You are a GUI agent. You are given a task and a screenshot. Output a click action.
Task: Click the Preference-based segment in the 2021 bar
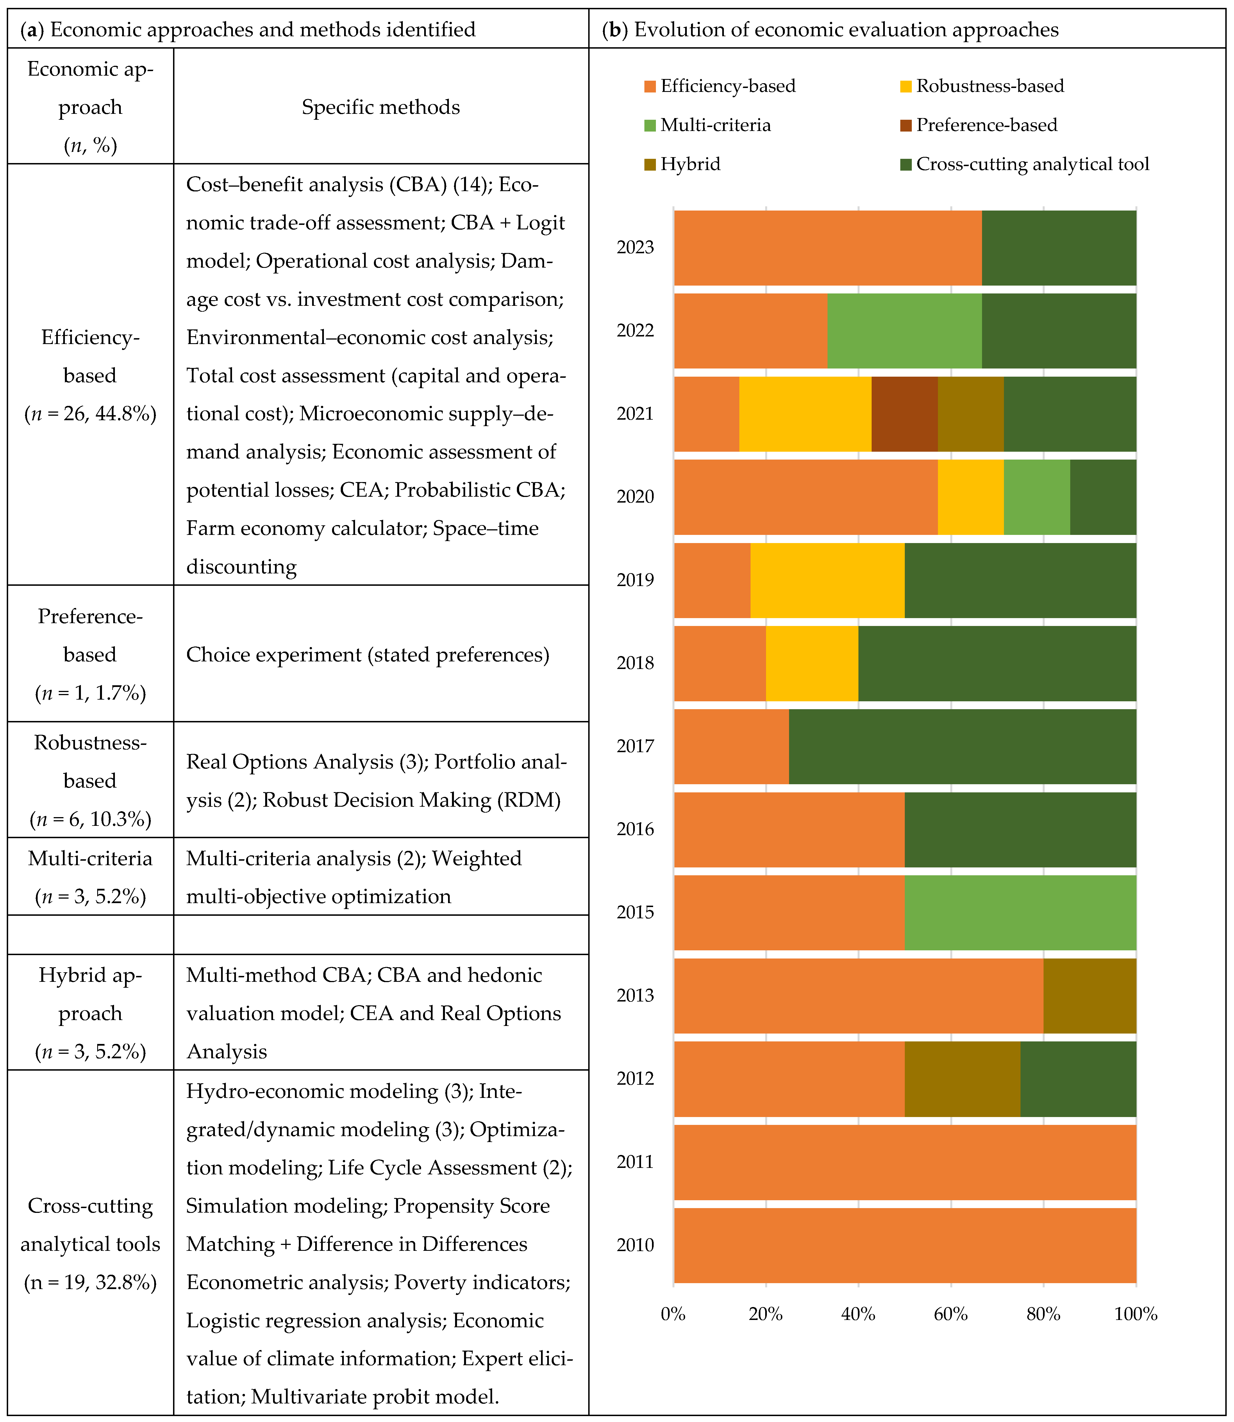(904, 414)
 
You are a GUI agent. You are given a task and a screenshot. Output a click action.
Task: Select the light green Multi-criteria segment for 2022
(904, 331)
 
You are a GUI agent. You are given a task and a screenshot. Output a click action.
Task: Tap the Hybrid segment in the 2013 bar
(1089, 996)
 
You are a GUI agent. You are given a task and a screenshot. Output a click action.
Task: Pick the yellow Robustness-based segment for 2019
(827, 580)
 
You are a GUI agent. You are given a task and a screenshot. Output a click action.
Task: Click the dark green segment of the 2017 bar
(962, 746)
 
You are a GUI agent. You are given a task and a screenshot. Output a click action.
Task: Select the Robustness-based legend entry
(990, 86)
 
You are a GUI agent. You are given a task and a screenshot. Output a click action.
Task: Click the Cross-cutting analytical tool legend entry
(1032, 164)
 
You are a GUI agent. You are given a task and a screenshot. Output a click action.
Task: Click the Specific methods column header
(381, 107)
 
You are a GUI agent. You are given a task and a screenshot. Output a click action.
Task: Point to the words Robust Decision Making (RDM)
(412, 800)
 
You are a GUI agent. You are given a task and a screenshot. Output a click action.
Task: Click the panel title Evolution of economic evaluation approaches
(846, 30)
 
